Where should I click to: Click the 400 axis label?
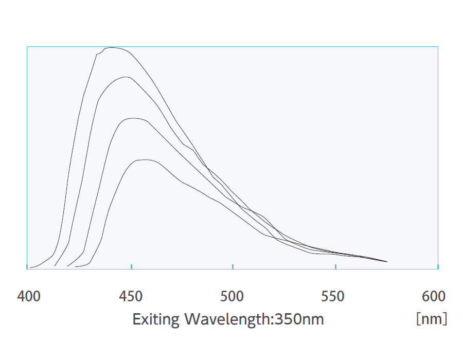pyautogui.click(x=29, y=297)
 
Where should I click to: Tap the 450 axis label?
pyautogui.click(x=130, y=297)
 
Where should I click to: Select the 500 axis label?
pyautogui.click(x=232, y=297)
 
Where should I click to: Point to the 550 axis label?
pyautogui.click(x=333, y=297)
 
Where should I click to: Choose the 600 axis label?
pyautogui.click(x=434, y=297)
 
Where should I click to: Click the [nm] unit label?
pyautogui.click(x=431, y=319)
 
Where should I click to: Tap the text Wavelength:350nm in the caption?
pyautogui.click(x=254, y=319)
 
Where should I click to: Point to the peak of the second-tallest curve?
pyautogui.click(x=126, y=77)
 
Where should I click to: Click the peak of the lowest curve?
pyautogui.click(x=145, y=160)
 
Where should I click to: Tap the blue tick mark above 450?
pyautogui.click(x=132, y=266)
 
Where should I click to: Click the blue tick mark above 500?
pyautogui.click(x=233, y=266)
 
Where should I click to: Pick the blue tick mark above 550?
pyautogui.click(x=335, y=266)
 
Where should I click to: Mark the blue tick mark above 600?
pyautogui.click(x=437, y=266)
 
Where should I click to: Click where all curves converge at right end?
pyautogui.click(x=386, y=262)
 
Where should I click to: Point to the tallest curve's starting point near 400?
pyautogui.click(x=30, y=267)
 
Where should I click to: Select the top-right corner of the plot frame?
pyautogui.click(x=438, y=47)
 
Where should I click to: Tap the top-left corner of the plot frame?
pyautogui.click(x=27, y=47)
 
